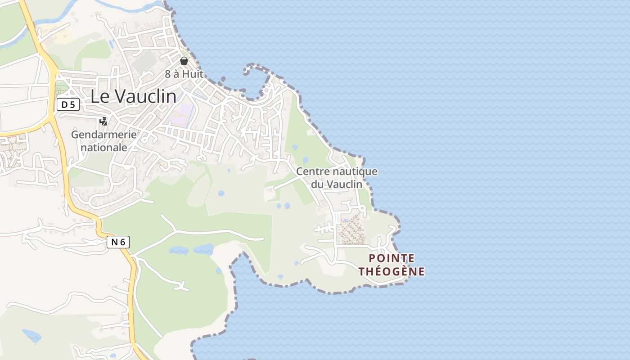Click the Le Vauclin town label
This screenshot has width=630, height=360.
tap(133, 96)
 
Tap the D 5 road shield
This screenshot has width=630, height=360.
tap(68, 105)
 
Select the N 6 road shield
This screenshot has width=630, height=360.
tap(118, 242)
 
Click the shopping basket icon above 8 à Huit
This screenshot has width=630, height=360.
tap(184, 61)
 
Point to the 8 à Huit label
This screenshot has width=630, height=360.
tap(184, 74)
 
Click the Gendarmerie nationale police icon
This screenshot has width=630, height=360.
tap(103, 121)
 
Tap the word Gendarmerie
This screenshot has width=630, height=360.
tap(103, 134)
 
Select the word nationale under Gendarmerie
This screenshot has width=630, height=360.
tap(103, 147)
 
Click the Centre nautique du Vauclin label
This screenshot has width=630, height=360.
tap(337, 178)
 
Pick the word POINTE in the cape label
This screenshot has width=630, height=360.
tap(391, 258)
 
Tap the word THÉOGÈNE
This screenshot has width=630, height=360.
tap(391, 271)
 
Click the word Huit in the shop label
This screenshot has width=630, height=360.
tap(193, 74)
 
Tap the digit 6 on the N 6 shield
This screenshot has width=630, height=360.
tap(122, 242)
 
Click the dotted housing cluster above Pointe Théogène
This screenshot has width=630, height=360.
tap(351, 229)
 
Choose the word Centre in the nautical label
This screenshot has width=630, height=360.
tap(312, 171)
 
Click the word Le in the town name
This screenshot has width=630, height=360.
tap(99, 96)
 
